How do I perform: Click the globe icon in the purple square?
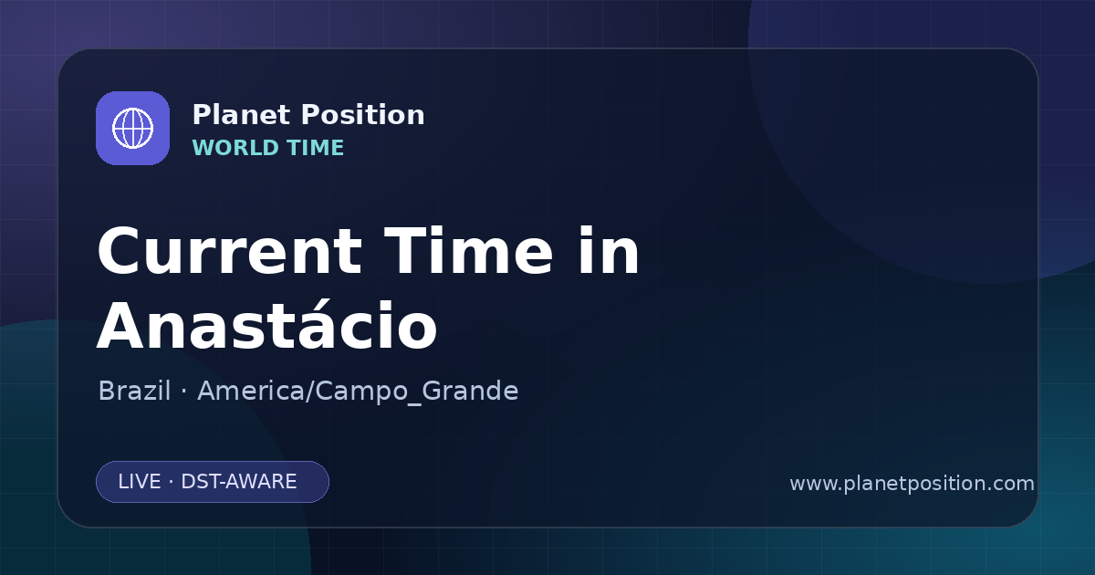click(x=132, y=128)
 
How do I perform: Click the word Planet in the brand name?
click(x=242, y=115)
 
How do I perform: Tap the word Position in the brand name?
click(x=363, y=115)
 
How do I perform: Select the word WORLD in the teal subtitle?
click(x=235, y=148)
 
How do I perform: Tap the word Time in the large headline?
click(x=468, y=250)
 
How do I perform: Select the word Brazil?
click(x=134, y=391)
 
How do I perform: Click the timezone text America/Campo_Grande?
click(x=358, y=392)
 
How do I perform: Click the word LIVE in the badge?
click(x=140, y=482)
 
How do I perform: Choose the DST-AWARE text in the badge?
click(x=238, y=482)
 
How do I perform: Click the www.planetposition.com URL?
click(x=912, y=484)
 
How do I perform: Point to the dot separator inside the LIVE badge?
click(x=171, y=483)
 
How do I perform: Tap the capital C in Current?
click(x=120, y=252)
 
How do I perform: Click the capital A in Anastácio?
click(x=122, y=325)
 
